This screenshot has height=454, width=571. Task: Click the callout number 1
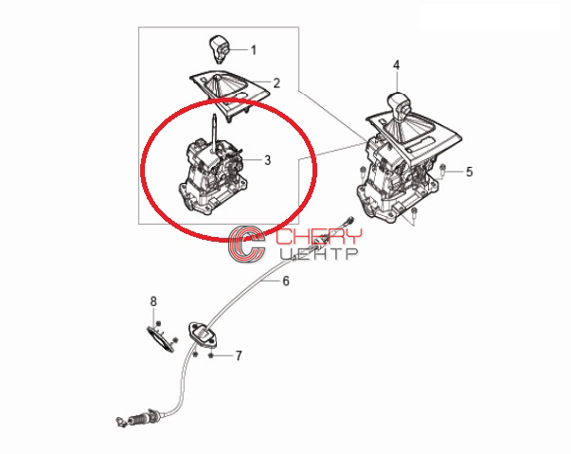click(254, 50)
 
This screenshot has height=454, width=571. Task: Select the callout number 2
click(277, 83)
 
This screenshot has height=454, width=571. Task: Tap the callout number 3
click(268, 159)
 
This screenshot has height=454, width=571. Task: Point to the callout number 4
click(396, 65)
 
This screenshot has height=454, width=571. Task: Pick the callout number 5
click(470, 172)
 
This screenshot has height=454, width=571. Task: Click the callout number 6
click(286, 281)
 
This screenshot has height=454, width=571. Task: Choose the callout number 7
click(239, 355)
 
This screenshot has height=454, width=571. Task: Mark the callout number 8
click(153, 301)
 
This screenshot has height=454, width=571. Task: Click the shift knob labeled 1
click(219, 49)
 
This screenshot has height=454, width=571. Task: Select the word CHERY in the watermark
click(319, 237)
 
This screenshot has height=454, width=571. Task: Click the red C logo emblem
click(246, 244)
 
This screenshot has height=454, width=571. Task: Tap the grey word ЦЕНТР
click(319, 254)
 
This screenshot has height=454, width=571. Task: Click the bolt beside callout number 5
click(443, 169)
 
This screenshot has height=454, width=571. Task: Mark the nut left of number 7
click(195, 354)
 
